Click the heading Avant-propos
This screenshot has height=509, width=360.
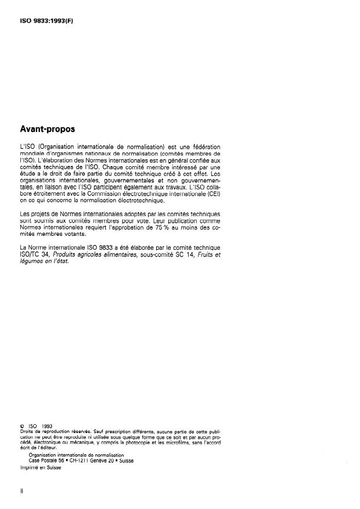click(x=49, y=128)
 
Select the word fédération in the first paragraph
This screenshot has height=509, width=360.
click(x=203, y=146)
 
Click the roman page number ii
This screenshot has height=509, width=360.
click(x=21, y=492)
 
